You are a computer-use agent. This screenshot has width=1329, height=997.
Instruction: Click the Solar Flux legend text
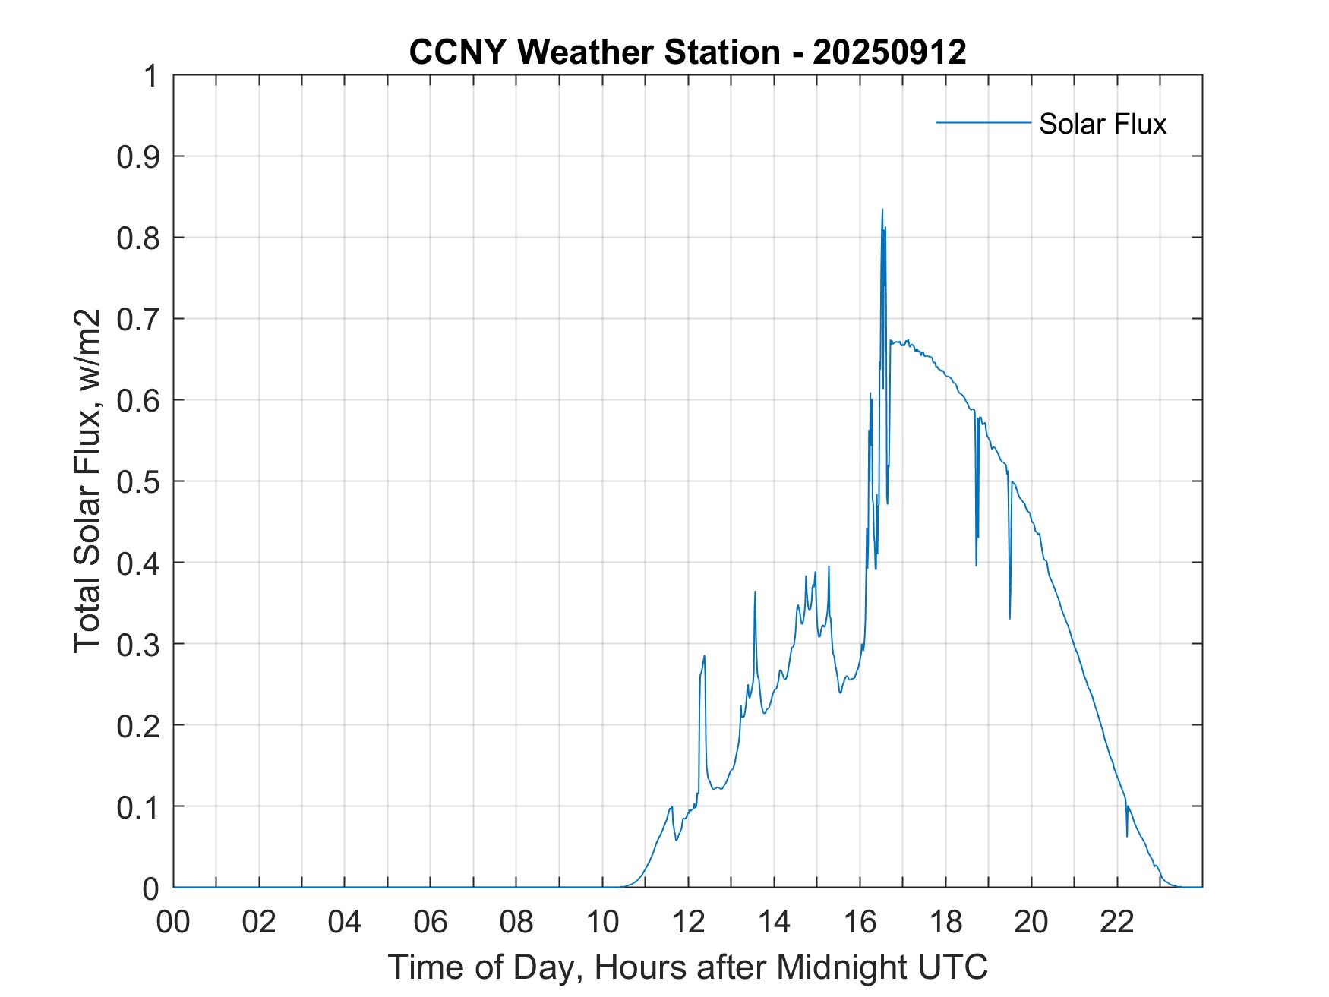1102,124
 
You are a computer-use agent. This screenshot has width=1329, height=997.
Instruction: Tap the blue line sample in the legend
983,122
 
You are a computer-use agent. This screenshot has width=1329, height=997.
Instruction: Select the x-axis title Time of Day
687,967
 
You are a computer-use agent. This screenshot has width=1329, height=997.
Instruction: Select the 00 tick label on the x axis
174,922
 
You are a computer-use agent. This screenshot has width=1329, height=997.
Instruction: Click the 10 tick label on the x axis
603,922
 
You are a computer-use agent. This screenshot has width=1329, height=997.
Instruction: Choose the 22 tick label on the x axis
1117,922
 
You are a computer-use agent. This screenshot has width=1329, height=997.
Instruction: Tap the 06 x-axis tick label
431,922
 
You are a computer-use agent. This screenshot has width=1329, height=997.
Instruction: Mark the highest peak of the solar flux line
882,210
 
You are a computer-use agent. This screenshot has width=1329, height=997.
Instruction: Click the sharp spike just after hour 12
704,656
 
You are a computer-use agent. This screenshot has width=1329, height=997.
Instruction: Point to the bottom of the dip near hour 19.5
1009,617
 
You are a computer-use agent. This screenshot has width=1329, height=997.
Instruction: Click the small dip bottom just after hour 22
1126,836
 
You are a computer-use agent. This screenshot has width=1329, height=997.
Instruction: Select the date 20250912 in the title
889,52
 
